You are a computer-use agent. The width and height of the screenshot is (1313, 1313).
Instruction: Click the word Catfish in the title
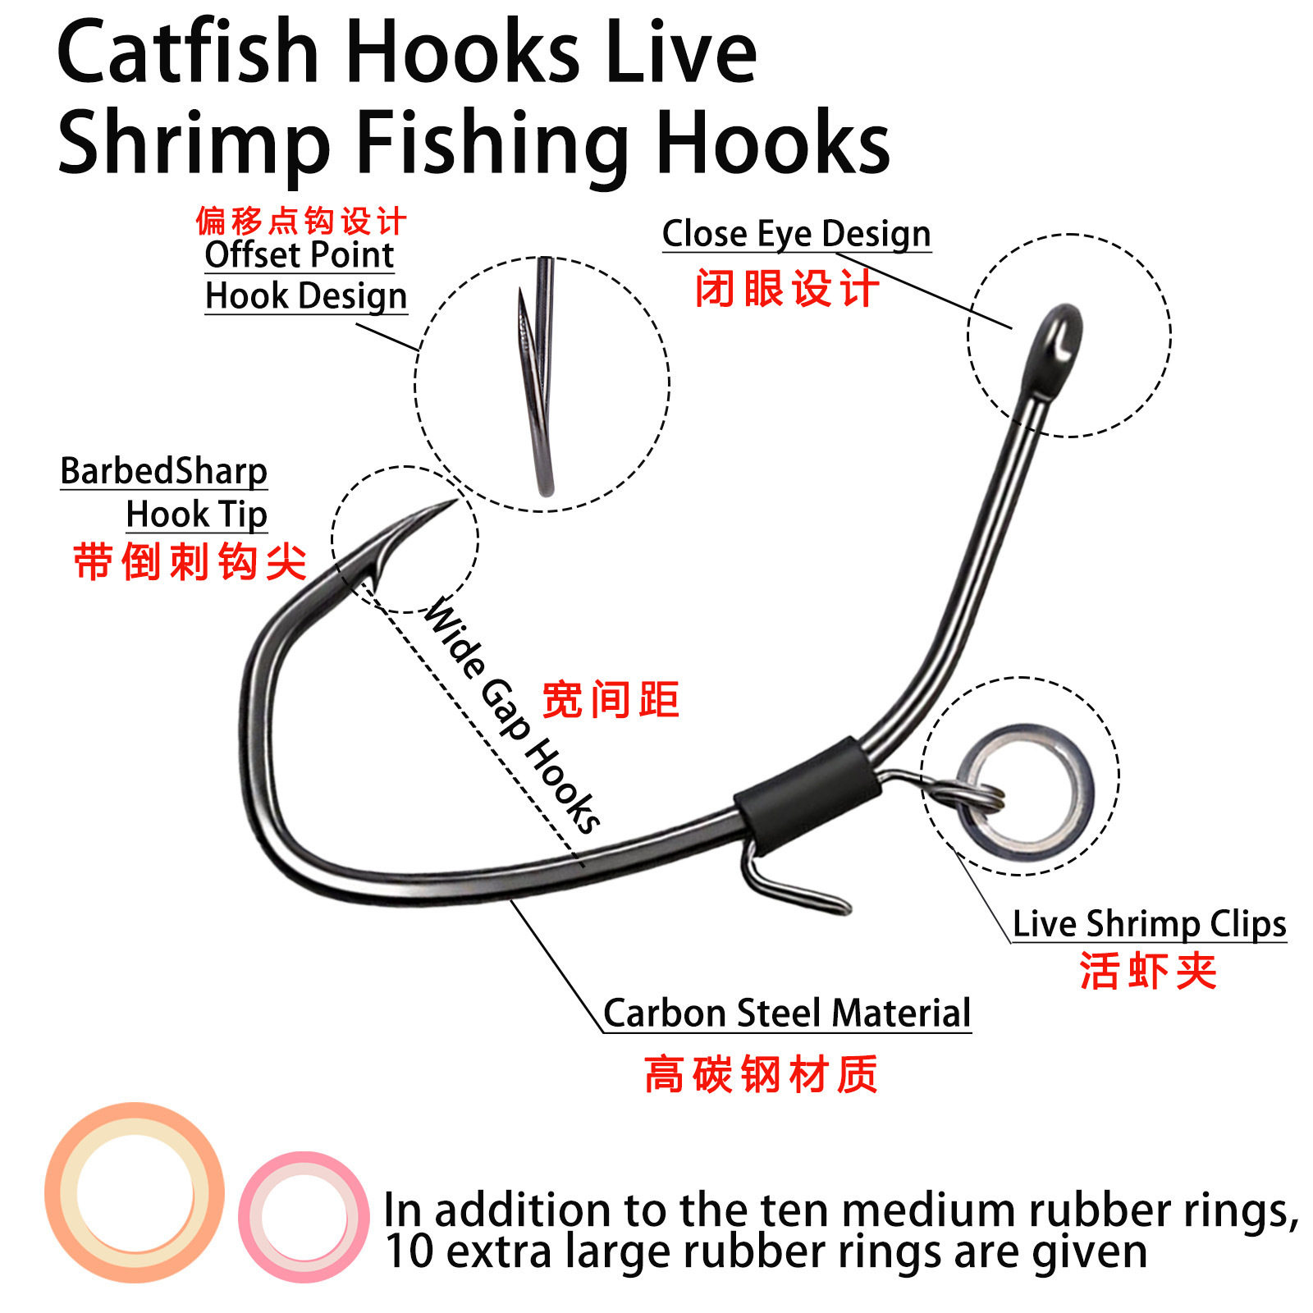(x=188, y=53)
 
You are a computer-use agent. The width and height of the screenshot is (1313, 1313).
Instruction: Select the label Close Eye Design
(x=796, y=235)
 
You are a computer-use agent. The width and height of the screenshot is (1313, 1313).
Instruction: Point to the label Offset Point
(x=300, y=254)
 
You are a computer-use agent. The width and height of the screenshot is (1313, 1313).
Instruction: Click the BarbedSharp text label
(x=163, y=471)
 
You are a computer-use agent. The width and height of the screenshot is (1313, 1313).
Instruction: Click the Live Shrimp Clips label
(x=1149, y=924)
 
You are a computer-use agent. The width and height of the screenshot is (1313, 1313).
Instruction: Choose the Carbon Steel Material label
(x=787, y=1013)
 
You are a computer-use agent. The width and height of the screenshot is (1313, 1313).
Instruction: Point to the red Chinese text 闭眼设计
(x=786, y=289)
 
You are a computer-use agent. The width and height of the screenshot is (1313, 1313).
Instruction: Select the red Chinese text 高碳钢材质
(x=761, y=1074)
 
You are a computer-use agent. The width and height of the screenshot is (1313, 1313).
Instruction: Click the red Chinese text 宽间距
(x=611, y=700)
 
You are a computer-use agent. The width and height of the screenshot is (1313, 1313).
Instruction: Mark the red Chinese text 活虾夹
(x=1148, y=971)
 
